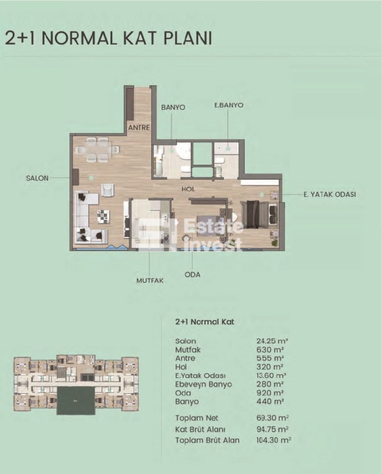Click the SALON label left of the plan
pos(37,178)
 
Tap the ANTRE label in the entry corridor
pos(139,128)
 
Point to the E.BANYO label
pos(229,105)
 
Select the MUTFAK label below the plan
pos(150,280)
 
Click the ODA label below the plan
pos(192,274)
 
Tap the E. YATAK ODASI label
pos(330,194)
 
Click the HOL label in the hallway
pos(188,189)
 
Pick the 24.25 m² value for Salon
pos(272,341)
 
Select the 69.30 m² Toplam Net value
pos(272,418)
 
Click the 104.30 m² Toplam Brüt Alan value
pos(274,440)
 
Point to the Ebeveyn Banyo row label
pos(204,384)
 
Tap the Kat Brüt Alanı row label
pos(200,429)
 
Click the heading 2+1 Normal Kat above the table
pos(205,322)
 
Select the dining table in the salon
pos(98,149)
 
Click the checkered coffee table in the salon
pos(104,217)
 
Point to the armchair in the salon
pos(108,190)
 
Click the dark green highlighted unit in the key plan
pos(76,401)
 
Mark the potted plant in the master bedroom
pos(274,243)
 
